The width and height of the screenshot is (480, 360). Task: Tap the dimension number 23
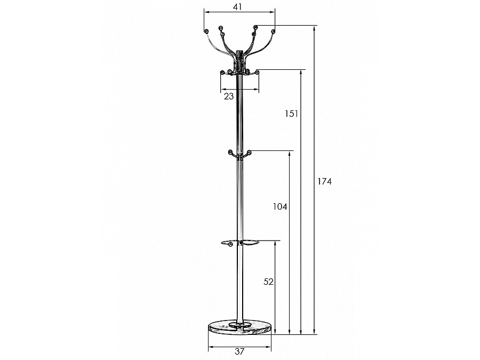(x=229, y=96)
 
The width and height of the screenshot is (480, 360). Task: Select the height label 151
(x=291, y=114)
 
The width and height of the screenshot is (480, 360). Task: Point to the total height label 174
(x=324, y=181)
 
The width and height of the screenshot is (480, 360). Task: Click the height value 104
(x=280, y=206)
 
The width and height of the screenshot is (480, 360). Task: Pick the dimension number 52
(x=268, y=282)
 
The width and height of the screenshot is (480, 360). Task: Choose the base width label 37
(x=239, y=351)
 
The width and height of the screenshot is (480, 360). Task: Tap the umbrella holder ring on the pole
(x=239, y=243)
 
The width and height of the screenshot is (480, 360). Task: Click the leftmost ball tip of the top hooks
(x=206, y=31)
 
